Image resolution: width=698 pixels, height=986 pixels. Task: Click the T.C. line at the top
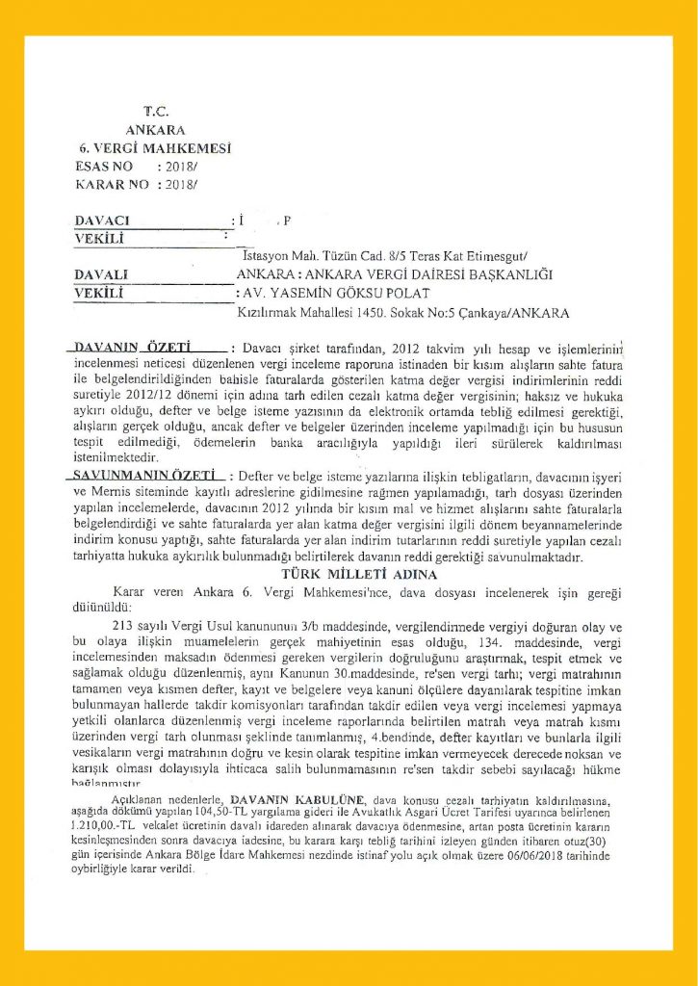coord(156,112)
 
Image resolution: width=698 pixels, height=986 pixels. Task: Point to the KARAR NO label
coord(112,183)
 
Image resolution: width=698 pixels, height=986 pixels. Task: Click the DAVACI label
coord(102,221)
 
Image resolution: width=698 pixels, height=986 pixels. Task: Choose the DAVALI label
coord(101,275)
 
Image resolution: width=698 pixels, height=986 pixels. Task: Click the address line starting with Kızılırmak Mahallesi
coord(402,313)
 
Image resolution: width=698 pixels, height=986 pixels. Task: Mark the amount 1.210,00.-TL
coord(105,826)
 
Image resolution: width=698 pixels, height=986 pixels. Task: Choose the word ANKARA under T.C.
coord(156,130)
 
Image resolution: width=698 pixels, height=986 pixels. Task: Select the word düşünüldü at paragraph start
coord(97,609)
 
